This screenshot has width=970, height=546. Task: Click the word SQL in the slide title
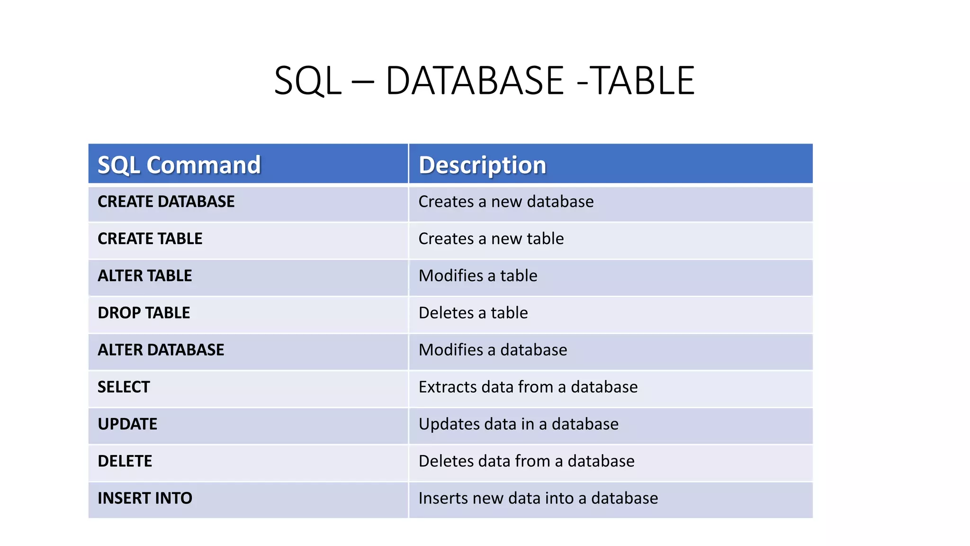(307, 81)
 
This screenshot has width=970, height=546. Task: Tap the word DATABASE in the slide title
(475, 81)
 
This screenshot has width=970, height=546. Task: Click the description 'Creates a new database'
(506, 202)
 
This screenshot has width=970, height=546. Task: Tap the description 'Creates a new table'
(491, 239)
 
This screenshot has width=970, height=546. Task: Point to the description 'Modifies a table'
(478, 276)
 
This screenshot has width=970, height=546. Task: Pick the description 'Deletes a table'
(473, 313)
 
